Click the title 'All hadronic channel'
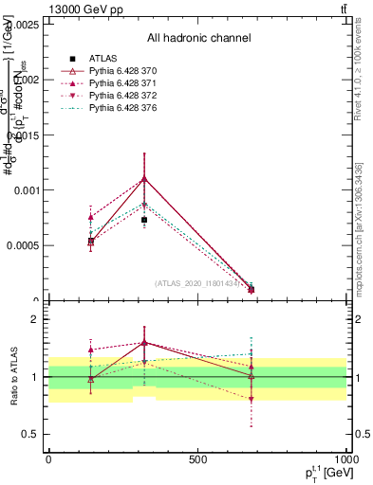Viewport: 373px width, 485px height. click(x=198, y=39)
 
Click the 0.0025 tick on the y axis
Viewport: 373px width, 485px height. click(x=23, y=25)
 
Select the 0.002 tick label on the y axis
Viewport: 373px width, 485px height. click(x=26, y=80)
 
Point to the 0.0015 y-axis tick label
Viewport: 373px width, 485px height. click(x=23, y=135)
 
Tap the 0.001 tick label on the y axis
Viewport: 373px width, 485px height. click(x=26, y=190)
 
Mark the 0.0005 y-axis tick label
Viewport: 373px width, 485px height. click(x=23, y=245)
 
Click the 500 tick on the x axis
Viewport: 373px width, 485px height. click(x=197, y=459)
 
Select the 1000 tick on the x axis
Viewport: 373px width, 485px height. click(x=345, y=459)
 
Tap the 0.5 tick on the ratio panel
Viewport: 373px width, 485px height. click(x=31, y=434)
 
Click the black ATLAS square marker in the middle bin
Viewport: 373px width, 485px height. click(x=144, y=220)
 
